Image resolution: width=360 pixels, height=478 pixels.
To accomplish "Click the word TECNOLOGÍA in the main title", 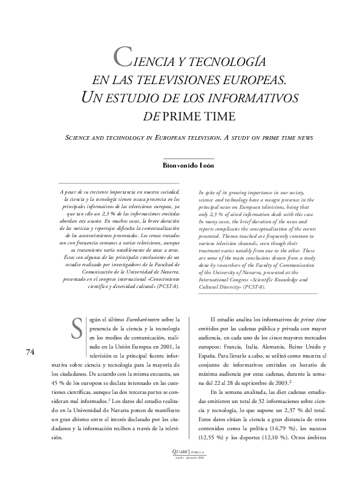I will (x=226, y=62).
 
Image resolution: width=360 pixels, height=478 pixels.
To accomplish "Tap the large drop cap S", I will (x=76, y=329).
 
